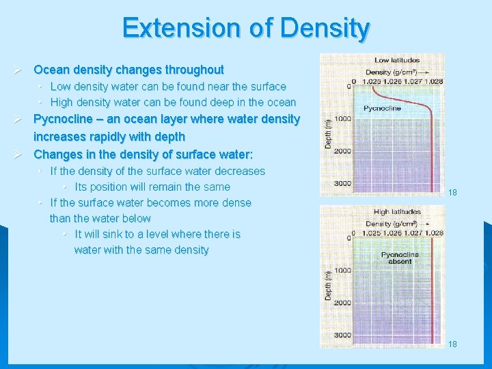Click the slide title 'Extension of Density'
coord(246,28)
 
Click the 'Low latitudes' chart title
coord(396,61)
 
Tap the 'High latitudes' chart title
coord(396,212)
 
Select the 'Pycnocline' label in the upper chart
coord(382,108)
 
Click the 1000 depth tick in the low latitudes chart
coord(342,119)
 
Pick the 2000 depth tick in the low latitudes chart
coord(342,151)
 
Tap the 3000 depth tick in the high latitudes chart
coord(342,335)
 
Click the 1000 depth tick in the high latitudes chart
coord(342,271)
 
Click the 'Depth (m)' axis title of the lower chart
coord(328,286)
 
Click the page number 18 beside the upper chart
coord(452,193)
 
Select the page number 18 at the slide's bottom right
coord(452,344)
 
